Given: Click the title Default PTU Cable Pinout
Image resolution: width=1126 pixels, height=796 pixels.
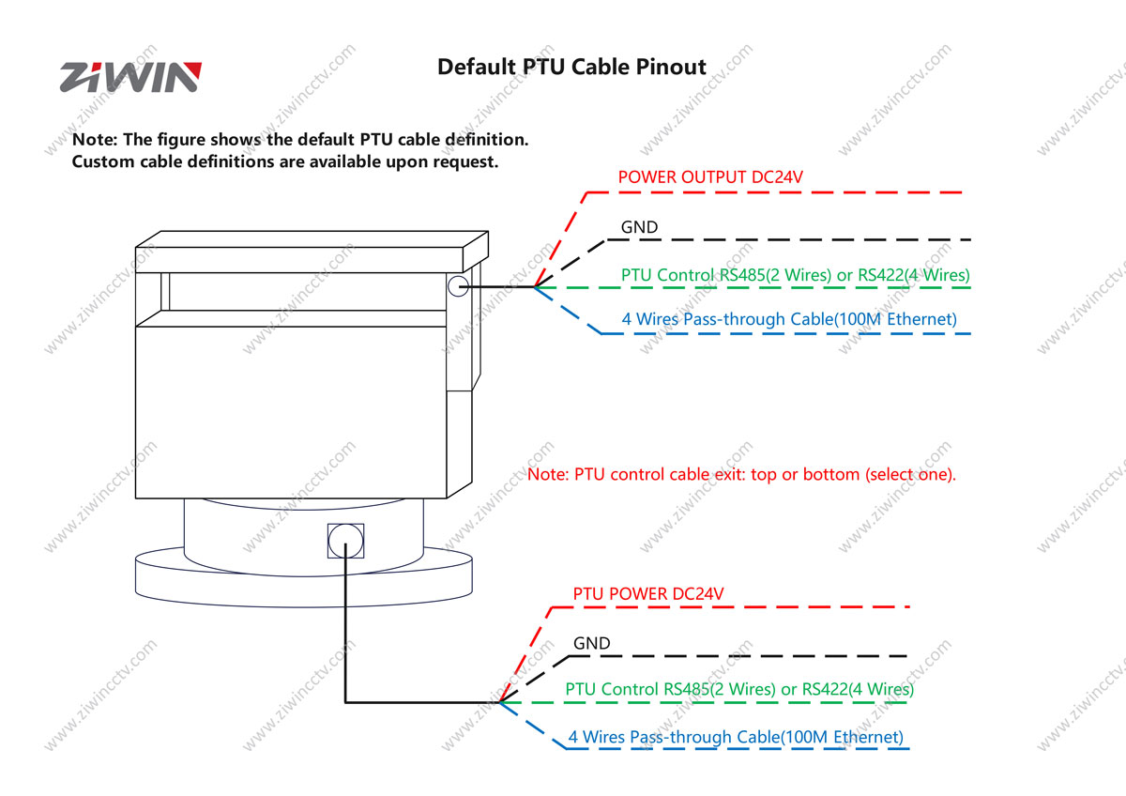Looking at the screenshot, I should [x=571, y=67].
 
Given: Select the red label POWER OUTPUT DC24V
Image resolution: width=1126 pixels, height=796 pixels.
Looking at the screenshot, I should [x=710, y=176].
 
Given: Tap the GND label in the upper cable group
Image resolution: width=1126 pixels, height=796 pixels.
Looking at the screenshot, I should [x=639, y=227].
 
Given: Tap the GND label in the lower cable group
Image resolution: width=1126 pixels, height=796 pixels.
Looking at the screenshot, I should [x=591, y=643].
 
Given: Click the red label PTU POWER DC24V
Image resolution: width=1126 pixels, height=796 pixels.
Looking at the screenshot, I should [x=647, y=594].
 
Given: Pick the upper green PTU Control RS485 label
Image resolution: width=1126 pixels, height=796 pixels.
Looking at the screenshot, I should [x=795, y=275].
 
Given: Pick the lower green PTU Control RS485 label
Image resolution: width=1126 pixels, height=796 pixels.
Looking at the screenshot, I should [x=738, y=689].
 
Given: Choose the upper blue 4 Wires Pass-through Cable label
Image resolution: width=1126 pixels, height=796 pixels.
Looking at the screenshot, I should [x=789, y=319].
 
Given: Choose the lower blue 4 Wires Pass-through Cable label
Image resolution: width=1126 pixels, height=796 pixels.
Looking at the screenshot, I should [x=735, y=737].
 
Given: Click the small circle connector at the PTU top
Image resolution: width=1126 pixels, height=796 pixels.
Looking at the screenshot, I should [x=458, y=286].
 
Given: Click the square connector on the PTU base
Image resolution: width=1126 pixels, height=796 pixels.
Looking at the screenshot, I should [x=344, y=541].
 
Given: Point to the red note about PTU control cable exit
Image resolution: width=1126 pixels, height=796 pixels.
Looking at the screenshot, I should [x=741, y=474].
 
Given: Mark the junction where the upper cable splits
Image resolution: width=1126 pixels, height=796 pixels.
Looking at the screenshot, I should [x=535, y=286].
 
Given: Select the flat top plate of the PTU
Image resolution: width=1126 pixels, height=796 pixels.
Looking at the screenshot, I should [x=312, y=251].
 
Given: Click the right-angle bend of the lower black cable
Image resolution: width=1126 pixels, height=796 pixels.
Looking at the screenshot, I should [x=345, y=700].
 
